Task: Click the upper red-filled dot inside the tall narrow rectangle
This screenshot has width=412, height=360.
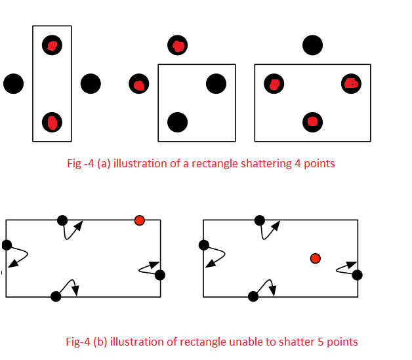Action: [52, 45]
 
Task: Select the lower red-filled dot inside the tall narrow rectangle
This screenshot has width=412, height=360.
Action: [52, 122]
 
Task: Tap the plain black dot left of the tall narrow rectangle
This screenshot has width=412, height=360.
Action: [13, 84]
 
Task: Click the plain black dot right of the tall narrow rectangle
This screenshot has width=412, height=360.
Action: [91, 84]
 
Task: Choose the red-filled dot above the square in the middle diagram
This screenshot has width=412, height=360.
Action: [178, 45]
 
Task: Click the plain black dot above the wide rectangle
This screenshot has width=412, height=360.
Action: [313, 45]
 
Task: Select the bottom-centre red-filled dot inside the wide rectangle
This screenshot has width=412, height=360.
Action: [313, 122]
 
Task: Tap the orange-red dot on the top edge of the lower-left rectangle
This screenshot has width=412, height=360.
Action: [139, 220]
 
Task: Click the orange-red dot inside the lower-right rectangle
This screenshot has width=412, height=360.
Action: [316, 258]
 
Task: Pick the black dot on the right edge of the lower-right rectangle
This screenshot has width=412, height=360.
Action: [358, 275]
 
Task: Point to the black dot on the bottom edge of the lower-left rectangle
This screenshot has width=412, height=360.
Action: [56, 296]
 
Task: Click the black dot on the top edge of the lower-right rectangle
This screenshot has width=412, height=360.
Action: [260, 220]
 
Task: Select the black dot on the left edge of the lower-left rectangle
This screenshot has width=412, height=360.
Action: [7, 245]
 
